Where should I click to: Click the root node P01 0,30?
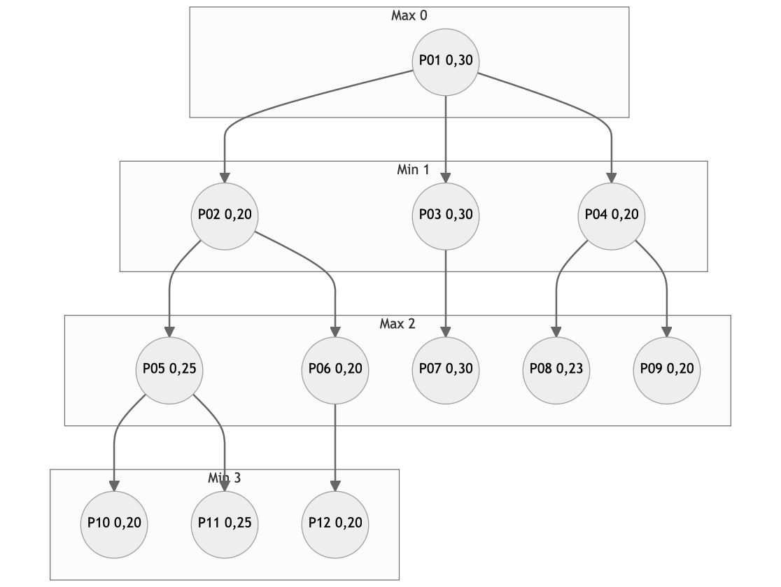[x=446, y=62]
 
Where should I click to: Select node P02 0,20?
[x=225, y=216]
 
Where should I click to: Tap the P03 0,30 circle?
[x=446, y=216]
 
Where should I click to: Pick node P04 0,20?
[x=612, y=216]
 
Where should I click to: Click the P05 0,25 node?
[x=169, y=370]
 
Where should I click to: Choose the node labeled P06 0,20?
[x=335, y=370]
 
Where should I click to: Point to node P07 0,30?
[x=446, y=370]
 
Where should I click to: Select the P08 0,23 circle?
[x=556, y=370]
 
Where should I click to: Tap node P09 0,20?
[x=667, y=370]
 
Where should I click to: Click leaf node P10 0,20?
[x=114, y=525]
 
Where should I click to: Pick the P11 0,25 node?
[x=225, y=525]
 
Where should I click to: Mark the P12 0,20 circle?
[x=335, y=525]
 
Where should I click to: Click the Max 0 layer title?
[x=409, y=15]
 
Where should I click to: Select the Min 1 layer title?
[x=413, y=170]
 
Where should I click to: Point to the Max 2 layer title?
[x=397, y=324]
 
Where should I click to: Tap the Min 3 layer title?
[x=224, y=478]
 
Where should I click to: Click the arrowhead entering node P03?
[x=446, y=178]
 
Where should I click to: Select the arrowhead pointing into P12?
[x=335, y=486]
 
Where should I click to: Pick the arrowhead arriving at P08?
[x=556, y=332]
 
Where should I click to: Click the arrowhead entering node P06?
[x=335, y=332]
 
